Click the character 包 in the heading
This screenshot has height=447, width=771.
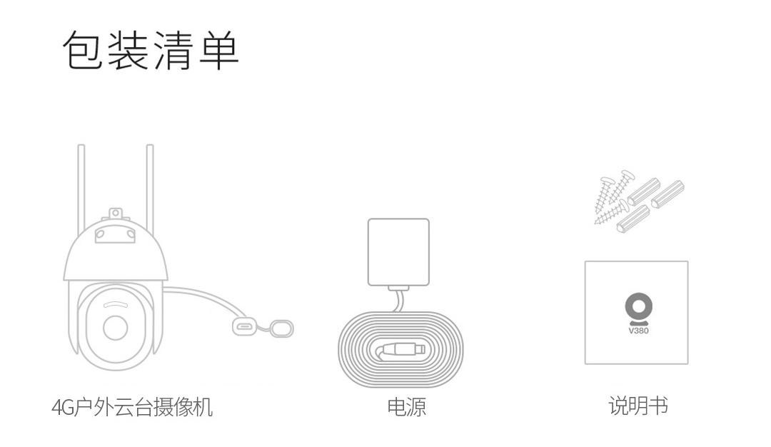pos(82,50)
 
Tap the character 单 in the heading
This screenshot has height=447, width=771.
pos(219,50)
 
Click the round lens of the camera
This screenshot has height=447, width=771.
pos(116,328)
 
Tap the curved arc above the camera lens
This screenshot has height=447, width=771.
pos(116,304)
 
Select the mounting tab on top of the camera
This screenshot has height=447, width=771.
pos(115,214)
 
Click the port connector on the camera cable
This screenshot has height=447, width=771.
pos(244,326)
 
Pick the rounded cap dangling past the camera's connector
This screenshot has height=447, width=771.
pos(282,328)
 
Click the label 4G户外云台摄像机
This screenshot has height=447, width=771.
pos(132,407)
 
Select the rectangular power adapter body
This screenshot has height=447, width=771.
pos(399,252)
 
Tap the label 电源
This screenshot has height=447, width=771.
pos(407,407)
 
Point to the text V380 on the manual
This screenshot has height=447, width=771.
pos(639,331)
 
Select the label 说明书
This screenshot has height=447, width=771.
pos(638,406)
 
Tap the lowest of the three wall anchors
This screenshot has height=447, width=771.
pos(633,219)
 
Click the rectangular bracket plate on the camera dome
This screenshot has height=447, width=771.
pos(114,234)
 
